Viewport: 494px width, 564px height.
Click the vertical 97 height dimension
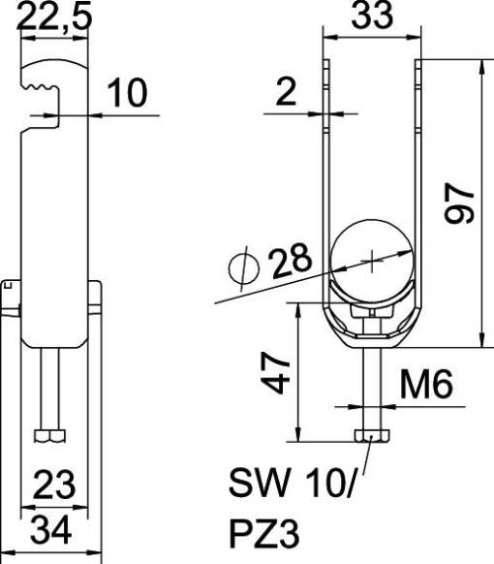pos(462,204)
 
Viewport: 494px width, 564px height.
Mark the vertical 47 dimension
pos(278,370)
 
